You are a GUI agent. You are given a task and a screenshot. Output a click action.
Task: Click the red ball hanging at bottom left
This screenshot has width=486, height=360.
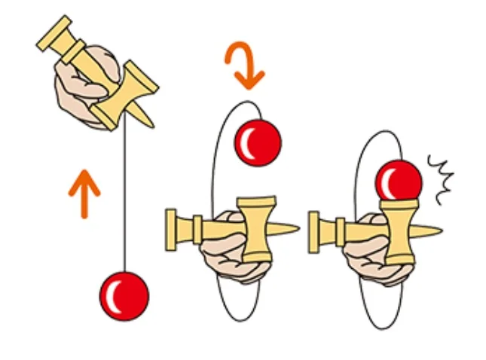124,295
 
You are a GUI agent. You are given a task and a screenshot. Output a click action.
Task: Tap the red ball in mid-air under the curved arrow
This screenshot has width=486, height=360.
258,142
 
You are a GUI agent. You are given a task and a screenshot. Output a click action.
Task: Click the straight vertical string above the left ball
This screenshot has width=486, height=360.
124,203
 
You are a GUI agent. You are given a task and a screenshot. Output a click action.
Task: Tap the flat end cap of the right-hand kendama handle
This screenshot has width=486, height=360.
314,227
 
